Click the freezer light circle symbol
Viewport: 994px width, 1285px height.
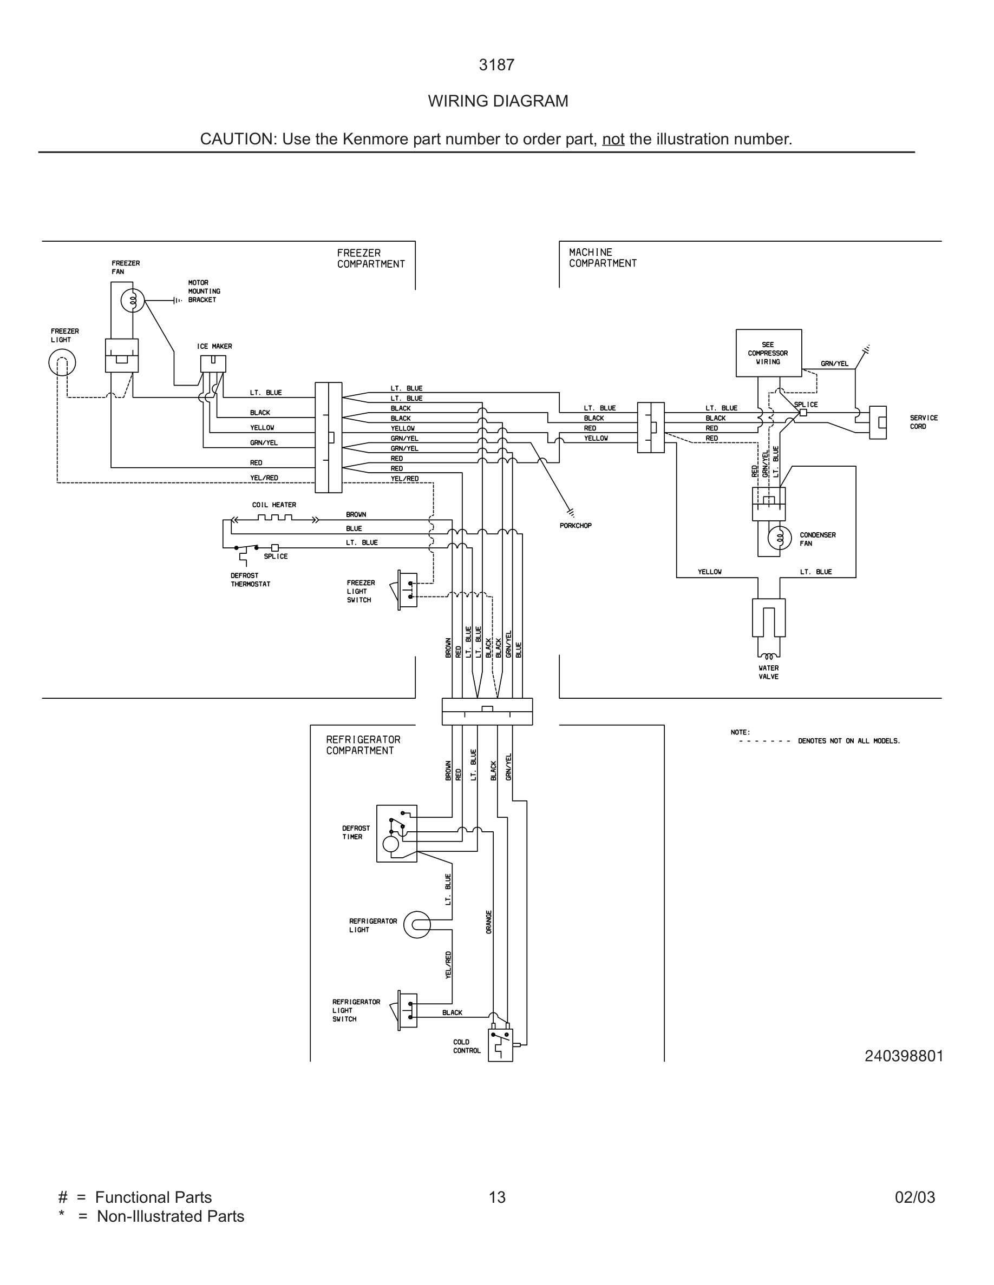62,362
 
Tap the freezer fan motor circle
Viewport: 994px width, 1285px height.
133,301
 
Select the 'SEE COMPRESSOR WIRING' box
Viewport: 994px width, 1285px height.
768,353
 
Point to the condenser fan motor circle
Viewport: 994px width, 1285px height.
780,538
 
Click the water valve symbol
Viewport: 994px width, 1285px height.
768,627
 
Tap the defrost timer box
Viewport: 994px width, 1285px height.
397,834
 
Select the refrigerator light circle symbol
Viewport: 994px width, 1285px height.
417,925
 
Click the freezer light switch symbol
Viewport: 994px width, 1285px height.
407,589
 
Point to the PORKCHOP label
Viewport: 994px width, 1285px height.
576,526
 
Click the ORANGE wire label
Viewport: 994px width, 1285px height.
489,922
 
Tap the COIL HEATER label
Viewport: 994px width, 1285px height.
274,505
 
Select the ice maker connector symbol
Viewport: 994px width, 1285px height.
213,363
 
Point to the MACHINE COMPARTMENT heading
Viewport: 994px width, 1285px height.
603,258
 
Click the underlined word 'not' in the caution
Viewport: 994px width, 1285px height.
613,140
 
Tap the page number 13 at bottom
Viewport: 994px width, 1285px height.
497,1197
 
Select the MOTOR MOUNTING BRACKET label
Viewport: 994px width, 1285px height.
204,292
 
